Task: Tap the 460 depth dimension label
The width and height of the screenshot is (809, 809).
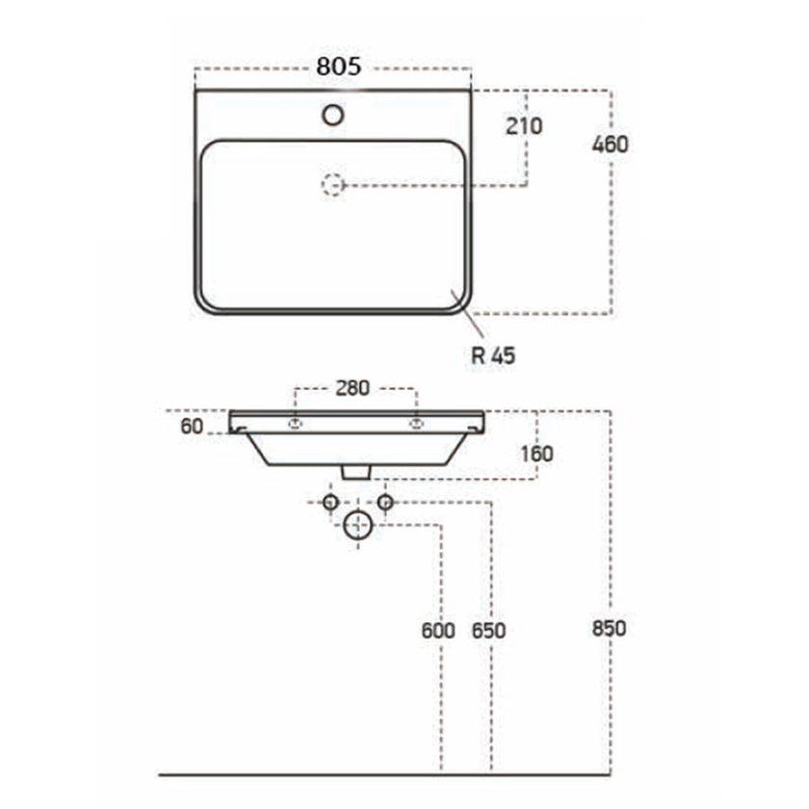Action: coord(610,144)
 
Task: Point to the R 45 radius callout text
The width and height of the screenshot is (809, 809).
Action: coord(493,355)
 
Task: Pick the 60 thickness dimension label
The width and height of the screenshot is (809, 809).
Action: coord(192,426)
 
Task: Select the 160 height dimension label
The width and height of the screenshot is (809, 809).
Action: coord(535,453)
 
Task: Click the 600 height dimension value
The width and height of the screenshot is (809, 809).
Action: coord(439,631)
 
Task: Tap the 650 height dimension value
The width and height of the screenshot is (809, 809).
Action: coord(489,631)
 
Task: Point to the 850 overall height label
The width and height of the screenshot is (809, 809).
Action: coord(610,628)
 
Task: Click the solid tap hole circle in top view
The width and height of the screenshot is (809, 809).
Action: coord(333,116)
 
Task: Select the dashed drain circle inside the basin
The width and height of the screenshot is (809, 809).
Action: coord(333,184)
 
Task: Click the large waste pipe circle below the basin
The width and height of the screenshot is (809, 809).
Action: coord(357,525)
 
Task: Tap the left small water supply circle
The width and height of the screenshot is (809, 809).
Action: coord(330,502)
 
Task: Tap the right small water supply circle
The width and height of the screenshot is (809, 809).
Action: coord(384,502)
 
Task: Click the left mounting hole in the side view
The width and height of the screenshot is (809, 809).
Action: coord(296,423)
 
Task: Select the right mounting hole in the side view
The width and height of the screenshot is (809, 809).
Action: coord(417,423)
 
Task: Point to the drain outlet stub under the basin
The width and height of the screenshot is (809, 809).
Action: coord(356,471)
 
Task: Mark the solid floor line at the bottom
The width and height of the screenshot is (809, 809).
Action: coord(385,772)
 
